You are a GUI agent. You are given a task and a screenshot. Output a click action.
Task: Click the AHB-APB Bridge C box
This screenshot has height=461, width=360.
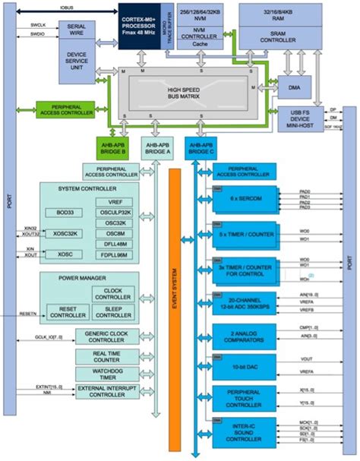coord(201,147)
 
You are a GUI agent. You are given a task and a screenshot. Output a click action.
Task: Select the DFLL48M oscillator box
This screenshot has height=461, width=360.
coord(115,244)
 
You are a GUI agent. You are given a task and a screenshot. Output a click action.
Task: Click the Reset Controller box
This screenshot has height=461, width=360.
coord(65,311)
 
